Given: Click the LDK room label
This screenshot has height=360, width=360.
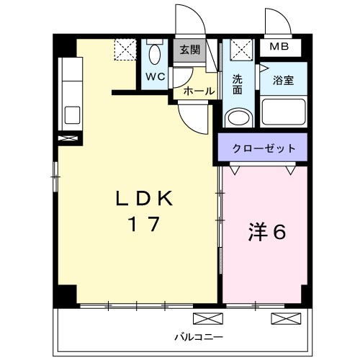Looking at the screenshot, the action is pos(144,198).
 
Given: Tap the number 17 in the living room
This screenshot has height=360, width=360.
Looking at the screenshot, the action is pos(144,224).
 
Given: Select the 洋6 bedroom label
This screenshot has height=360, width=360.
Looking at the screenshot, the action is pos(267,232).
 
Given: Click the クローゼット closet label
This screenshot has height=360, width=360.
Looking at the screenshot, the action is pos(264,148).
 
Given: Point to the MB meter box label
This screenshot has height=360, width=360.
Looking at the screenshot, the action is pos(279,46).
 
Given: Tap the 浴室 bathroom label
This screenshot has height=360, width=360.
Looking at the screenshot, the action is pos(283,80).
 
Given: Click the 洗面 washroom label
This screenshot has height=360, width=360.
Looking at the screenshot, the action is pos(238,84).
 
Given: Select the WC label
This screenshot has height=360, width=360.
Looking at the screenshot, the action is pos(156,77).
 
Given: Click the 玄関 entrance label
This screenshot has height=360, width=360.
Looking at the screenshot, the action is pos(190,50).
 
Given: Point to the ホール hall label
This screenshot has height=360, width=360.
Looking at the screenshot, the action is pos(199,91).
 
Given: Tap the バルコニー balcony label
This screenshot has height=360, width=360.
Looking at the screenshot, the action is pos(199,337).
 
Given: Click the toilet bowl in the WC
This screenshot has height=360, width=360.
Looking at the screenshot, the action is pos(155,54).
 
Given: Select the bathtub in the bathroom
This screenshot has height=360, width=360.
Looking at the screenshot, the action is pos(284,112).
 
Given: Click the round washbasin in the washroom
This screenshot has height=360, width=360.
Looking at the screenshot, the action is pos(238,118).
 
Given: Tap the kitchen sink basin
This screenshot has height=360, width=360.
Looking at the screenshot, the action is pos(72,115).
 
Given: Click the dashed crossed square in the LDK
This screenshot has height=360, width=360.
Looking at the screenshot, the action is pos(125,50).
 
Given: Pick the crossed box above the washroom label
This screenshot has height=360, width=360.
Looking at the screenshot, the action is pos(241,50).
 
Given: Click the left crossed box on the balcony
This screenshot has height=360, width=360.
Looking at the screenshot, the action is pos(208,319).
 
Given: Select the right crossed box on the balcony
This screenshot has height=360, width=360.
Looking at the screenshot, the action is pos(286,319).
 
